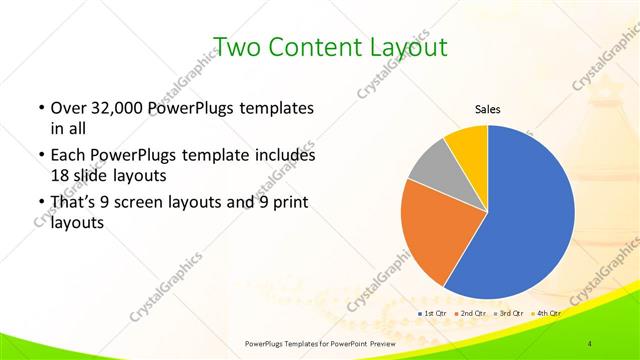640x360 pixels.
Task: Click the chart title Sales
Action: click(487, 110)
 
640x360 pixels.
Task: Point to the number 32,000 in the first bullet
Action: click(117, 108)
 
